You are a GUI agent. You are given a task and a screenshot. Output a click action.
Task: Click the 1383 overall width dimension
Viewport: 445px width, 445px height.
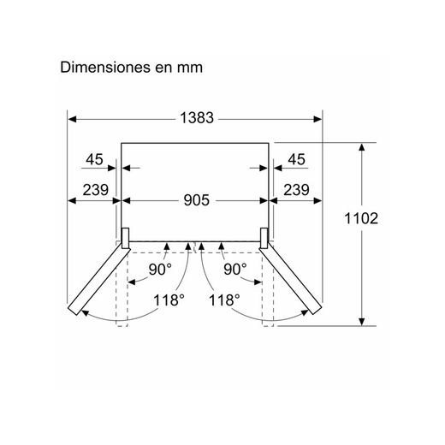[x=197, y=117]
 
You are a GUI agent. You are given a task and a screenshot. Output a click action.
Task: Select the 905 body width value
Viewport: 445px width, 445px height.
[x=196, y=200]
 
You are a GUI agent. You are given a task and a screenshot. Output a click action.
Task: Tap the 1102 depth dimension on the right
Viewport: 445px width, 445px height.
[x=361, y=218]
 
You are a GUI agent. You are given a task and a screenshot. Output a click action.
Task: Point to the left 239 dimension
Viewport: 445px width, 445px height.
[x=96, y=190]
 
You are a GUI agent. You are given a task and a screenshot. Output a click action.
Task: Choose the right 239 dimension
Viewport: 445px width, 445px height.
[x=296, y=190]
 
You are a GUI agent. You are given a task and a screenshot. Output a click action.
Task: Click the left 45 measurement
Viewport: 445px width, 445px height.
[x=94, y=159]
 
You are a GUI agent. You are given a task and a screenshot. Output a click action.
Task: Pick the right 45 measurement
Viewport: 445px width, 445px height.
[x=297, y=159]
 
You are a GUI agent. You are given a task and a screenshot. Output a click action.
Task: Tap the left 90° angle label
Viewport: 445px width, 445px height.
[x=160, y=269]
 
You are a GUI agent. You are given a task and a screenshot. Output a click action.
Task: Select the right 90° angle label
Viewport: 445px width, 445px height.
[x=235, y=269]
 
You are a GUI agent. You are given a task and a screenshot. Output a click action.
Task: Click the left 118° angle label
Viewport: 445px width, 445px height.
[x=169, y=300]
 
